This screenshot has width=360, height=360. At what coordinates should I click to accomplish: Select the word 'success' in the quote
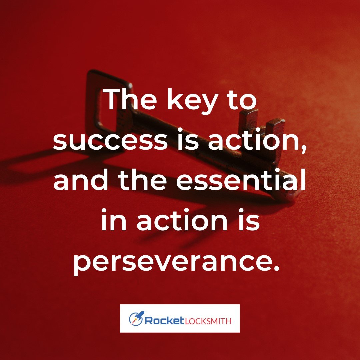pyautogui.click(x=110, y=140)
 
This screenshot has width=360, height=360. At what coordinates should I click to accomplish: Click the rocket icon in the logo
pyautogui.click(x=136, y=318)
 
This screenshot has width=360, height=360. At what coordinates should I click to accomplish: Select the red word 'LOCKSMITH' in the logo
pyautogui.click(x=208, y=321)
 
